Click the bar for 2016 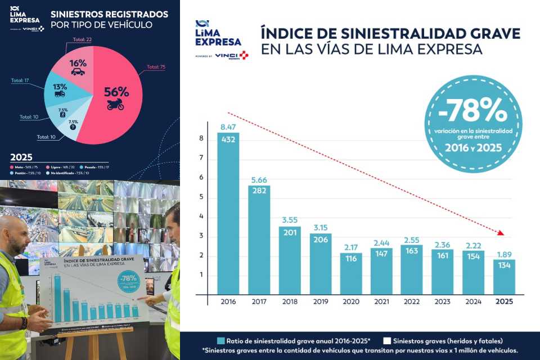[228, 214]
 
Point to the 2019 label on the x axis [320, 301]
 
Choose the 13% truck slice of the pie [61, 92]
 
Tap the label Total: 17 [20, 80]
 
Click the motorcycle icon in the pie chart [115, 104]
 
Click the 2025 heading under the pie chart [21, 157]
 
